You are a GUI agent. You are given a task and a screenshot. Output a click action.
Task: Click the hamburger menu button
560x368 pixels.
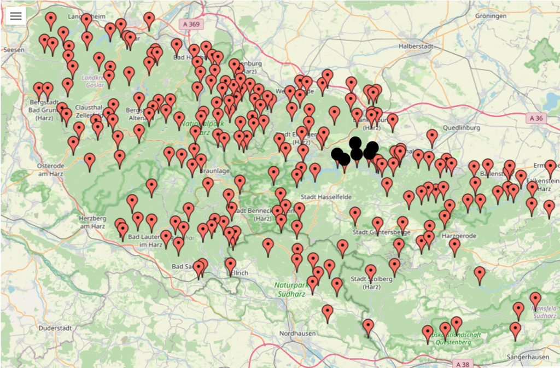[x=16, y=16]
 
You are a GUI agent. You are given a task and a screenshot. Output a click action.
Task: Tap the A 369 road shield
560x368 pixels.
[x=189, y=25]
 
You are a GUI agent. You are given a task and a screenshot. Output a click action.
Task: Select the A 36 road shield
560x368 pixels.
[x=537, y=118]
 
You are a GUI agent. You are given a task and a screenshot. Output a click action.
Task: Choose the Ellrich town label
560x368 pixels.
[x=238, y=272]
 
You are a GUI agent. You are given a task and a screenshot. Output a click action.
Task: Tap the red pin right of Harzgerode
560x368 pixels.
[x=454, y=246]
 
